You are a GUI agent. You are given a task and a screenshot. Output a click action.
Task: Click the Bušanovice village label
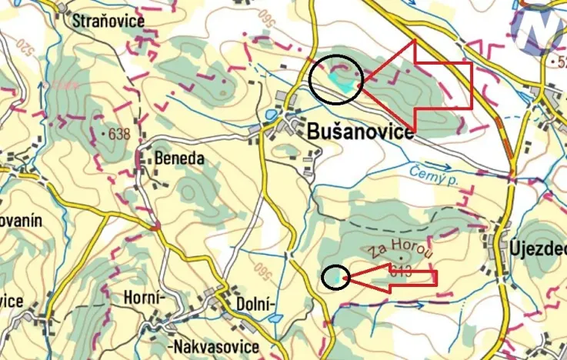(360, 132)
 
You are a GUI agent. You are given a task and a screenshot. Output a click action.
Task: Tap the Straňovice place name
(108, 21)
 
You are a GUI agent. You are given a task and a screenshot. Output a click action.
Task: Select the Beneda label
(179, 158)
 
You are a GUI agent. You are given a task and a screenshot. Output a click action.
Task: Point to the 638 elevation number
(118, 134)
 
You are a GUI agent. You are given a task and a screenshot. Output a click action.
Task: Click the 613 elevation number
(401, 271)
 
